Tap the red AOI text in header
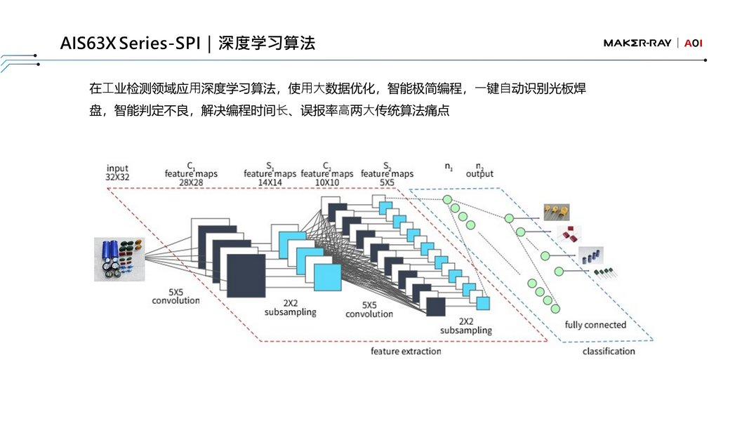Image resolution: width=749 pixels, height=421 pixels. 693,44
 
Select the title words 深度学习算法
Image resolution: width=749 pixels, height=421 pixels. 267,44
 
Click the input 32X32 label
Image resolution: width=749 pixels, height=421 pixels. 117,173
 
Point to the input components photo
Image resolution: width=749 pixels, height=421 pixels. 119,259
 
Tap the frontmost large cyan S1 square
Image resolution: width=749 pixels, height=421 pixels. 326,276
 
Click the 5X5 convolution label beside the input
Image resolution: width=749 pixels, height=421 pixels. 175,295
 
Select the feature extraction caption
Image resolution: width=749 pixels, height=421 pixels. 406,351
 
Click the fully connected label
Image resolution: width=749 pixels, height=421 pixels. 595,325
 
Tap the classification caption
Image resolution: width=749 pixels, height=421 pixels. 608,351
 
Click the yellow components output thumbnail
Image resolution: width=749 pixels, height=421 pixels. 556,211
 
